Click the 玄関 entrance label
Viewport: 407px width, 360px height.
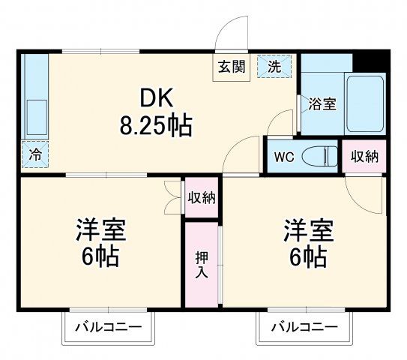tap(232, 66)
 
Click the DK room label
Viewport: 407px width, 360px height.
tap(157, 97)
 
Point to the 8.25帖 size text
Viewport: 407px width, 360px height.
tap(157, 124)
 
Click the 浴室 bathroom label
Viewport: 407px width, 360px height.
tap(322, 103)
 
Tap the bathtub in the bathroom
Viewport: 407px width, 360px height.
tap(365, 103)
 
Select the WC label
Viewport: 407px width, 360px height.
tap(283, 157)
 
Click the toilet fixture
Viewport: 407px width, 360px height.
tap(320, 157)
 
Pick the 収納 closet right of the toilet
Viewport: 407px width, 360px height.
tap(364, 157)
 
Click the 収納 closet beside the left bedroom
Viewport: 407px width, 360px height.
tap(202, 198)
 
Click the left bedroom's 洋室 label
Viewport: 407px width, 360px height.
tap(99, 228)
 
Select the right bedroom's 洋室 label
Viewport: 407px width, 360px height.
tap(307, 228)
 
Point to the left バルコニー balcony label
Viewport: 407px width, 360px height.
tap(107, 326)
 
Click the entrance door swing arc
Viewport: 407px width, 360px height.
tap(230, 34)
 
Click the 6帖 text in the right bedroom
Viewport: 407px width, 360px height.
tap(307, 256)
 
